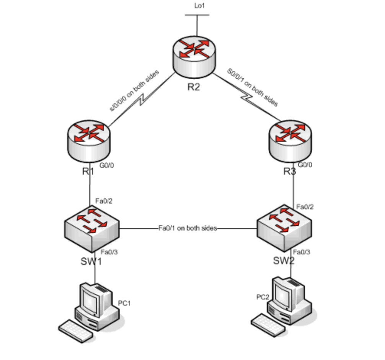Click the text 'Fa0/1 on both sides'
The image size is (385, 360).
188,228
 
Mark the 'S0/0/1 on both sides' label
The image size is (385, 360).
253,87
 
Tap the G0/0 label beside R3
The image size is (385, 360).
305,165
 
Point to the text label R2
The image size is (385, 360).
194,87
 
